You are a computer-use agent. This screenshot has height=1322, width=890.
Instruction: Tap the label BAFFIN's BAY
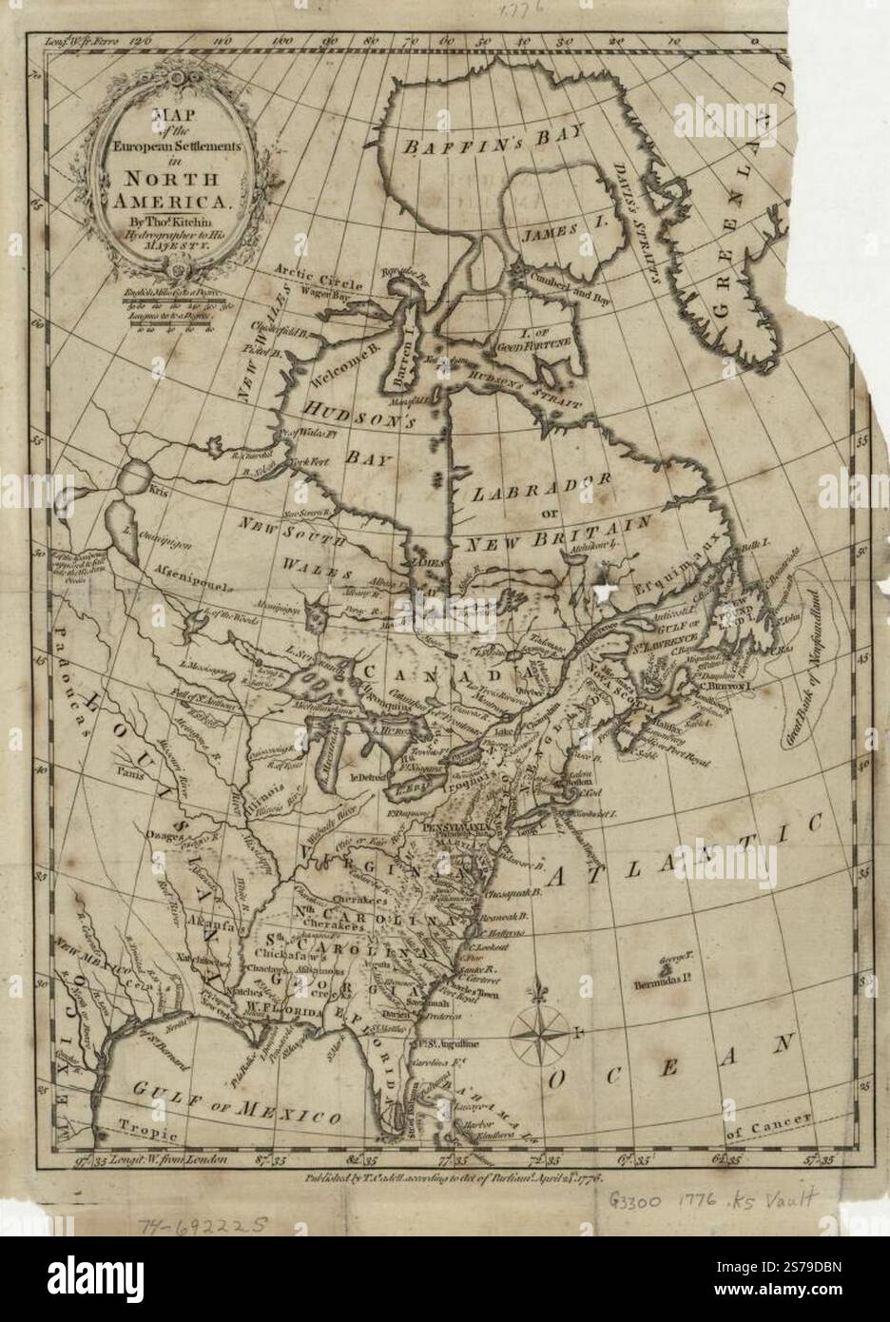(468, 145)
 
